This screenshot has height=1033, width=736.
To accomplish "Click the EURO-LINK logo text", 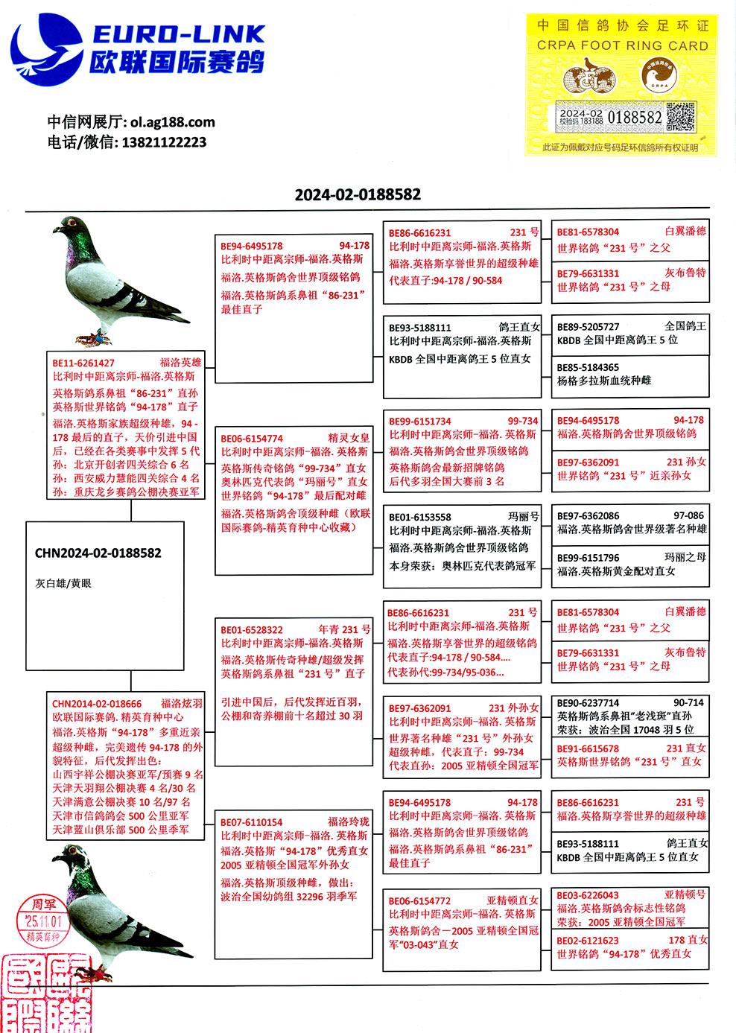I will (x=179, y=34).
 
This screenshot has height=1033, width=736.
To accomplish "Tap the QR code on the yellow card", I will (x=680, y=117).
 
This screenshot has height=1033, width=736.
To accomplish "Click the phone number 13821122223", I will (x=164, y=142).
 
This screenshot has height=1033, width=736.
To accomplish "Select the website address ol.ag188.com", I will (x=173, y=122).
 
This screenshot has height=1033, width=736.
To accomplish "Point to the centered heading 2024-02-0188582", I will (x=358, y=195).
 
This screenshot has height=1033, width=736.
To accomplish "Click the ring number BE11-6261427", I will (x=83, y=363).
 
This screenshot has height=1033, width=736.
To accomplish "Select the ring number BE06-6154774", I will (x=252, y=439).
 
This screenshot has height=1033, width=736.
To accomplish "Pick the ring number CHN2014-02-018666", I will (x=97, y=704).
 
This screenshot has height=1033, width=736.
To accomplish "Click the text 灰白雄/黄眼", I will (x=63, y=583).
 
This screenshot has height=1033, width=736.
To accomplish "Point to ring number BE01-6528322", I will (x=252, y=630).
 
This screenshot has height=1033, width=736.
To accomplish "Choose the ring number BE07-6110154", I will (x=252, y=822).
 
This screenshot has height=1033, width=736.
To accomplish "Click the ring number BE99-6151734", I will (x=420, y=422).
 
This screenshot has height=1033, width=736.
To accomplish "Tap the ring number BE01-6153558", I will (x=420, y=517).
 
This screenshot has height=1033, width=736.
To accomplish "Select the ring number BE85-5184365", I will (x=589, y=367).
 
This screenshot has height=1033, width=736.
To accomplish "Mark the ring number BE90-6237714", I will (x=589, y=703).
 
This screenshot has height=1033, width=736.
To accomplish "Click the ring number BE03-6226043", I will (x=589, y=895).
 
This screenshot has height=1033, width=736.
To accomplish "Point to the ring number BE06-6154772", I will (x=420, y=900).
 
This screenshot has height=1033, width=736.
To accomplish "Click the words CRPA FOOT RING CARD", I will (x=623, y=45).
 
